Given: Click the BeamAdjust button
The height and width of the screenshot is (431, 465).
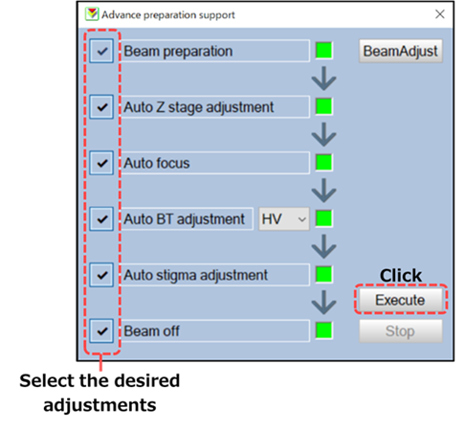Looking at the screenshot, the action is pos(400,51).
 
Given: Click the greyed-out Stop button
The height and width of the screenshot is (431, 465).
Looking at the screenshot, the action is pos(401,331).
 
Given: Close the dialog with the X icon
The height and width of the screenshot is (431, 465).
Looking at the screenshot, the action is pos(440,14).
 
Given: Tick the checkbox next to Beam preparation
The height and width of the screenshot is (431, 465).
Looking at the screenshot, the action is pos(101,51).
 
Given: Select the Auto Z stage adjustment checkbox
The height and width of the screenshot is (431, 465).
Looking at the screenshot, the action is pos(101,107).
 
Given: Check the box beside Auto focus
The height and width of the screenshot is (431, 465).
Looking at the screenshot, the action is pos(101,163).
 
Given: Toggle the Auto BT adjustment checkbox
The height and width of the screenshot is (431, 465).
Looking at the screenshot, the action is pos(101,219).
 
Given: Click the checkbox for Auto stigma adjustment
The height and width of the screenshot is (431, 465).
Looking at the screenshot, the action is pos(101,275).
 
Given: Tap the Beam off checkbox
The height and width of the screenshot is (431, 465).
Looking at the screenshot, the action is pos(101,330).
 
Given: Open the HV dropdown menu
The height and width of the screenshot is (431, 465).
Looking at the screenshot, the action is pos(284,219).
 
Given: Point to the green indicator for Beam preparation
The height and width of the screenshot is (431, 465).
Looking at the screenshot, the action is pos(323,51).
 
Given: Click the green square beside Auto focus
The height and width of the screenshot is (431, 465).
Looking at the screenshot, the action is pos(323,163).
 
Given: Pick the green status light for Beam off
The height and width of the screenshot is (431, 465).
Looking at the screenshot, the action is pos(323,330).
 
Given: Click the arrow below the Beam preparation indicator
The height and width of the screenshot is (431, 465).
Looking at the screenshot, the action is pos(323,79).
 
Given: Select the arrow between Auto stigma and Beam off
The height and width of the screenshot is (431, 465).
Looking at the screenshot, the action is pos(323,303).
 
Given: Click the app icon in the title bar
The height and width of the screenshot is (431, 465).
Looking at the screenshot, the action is pos(92,14).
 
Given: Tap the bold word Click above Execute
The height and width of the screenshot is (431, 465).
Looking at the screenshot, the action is pos(401,275).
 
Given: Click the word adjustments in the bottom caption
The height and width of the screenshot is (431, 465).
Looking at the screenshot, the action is pos(100,405).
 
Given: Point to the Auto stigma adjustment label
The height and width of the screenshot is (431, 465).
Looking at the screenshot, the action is pos(195,275).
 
